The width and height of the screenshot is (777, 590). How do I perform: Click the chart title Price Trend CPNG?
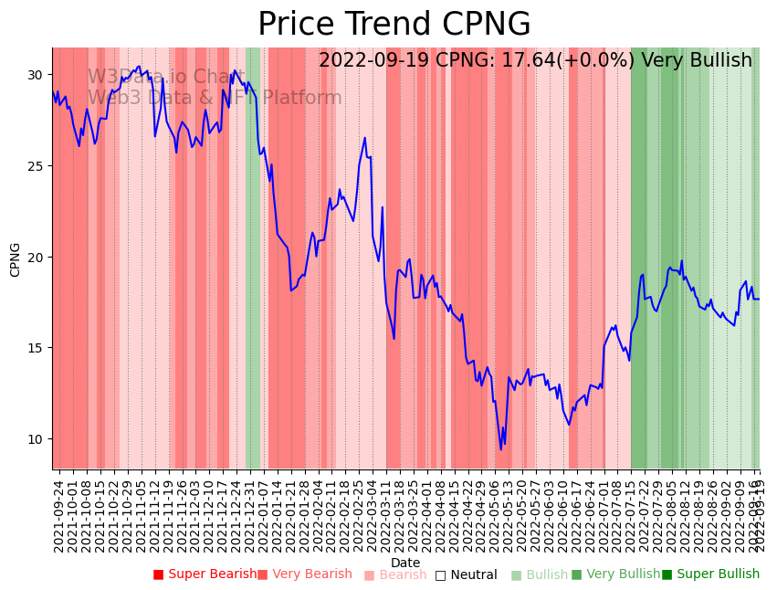(x=394, y=25)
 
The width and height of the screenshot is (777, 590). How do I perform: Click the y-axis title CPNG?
(x=16, y=259)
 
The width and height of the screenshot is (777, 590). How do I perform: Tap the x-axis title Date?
(x=405, y=563)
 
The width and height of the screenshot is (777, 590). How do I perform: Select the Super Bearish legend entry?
(x=205, y=574)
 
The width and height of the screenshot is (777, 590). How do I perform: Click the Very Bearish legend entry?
(x=304, y=574)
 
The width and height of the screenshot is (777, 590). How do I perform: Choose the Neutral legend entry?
(x=466, y=575)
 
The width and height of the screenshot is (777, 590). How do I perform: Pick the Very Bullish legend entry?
(x=615, y=574)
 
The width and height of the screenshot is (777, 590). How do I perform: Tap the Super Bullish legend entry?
(x=710, y=574)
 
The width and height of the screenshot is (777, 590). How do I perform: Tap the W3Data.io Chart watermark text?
(x=166, y=78)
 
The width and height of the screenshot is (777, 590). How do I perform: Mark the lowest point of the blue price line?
(x=500, y=449)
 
